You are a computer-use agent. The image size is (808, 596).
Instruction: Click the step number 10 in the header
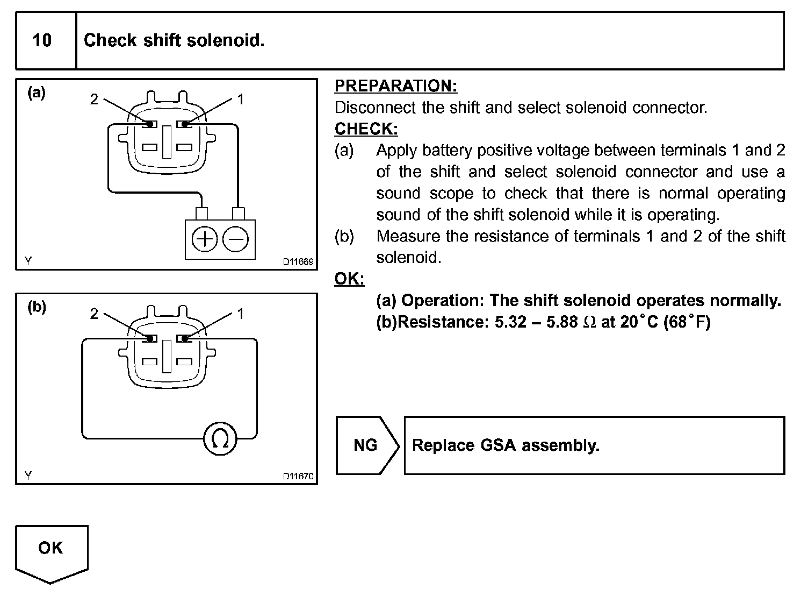[x=42, y=41]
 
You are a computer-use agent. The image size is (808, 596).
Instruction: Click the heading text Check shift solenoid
[x=174, y=40]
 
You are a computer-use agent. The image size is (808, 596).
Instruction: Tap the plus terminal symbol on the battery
[x=205, y=239]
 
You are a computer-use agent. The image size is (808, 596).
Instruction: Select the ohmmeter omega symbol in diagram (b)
[x=220, y=439]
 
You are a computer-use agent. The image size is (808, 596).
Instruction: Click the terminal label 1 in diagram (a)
[x=241, y=100]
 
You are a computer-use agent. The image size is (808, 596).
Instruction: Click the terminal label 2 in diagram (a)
[x=94, y=100]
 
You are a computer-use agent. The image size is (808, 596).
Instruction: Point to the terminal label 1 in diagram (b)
[x=241, y=314]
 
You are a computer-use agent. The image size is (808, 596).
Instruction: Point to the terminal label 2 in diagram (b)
[x=94, y=314]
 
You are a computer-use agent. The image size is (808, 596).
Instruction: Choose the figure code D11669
[x=298, y=262]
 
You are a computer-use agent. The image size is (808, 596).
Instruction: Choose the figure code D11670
[x=298, y=477]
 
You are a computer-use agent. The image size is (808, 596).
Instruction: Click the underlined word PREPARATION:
[x=396, y=86]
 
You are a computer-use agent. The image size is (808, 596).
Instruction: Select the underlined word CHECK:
[x=366, y=129]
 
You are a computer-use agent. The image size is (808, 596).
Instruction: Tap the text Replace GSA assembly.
[x=506, y=445]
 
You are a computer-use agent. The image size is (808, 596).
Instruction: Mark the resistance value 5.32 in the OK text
[x=510, y=322]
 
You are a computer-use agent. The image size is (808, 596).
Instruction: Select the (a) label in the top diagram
[x=37, y=93]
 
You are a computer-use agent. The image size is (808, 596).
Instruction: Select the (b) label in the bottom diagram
[x=37, y=307]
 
